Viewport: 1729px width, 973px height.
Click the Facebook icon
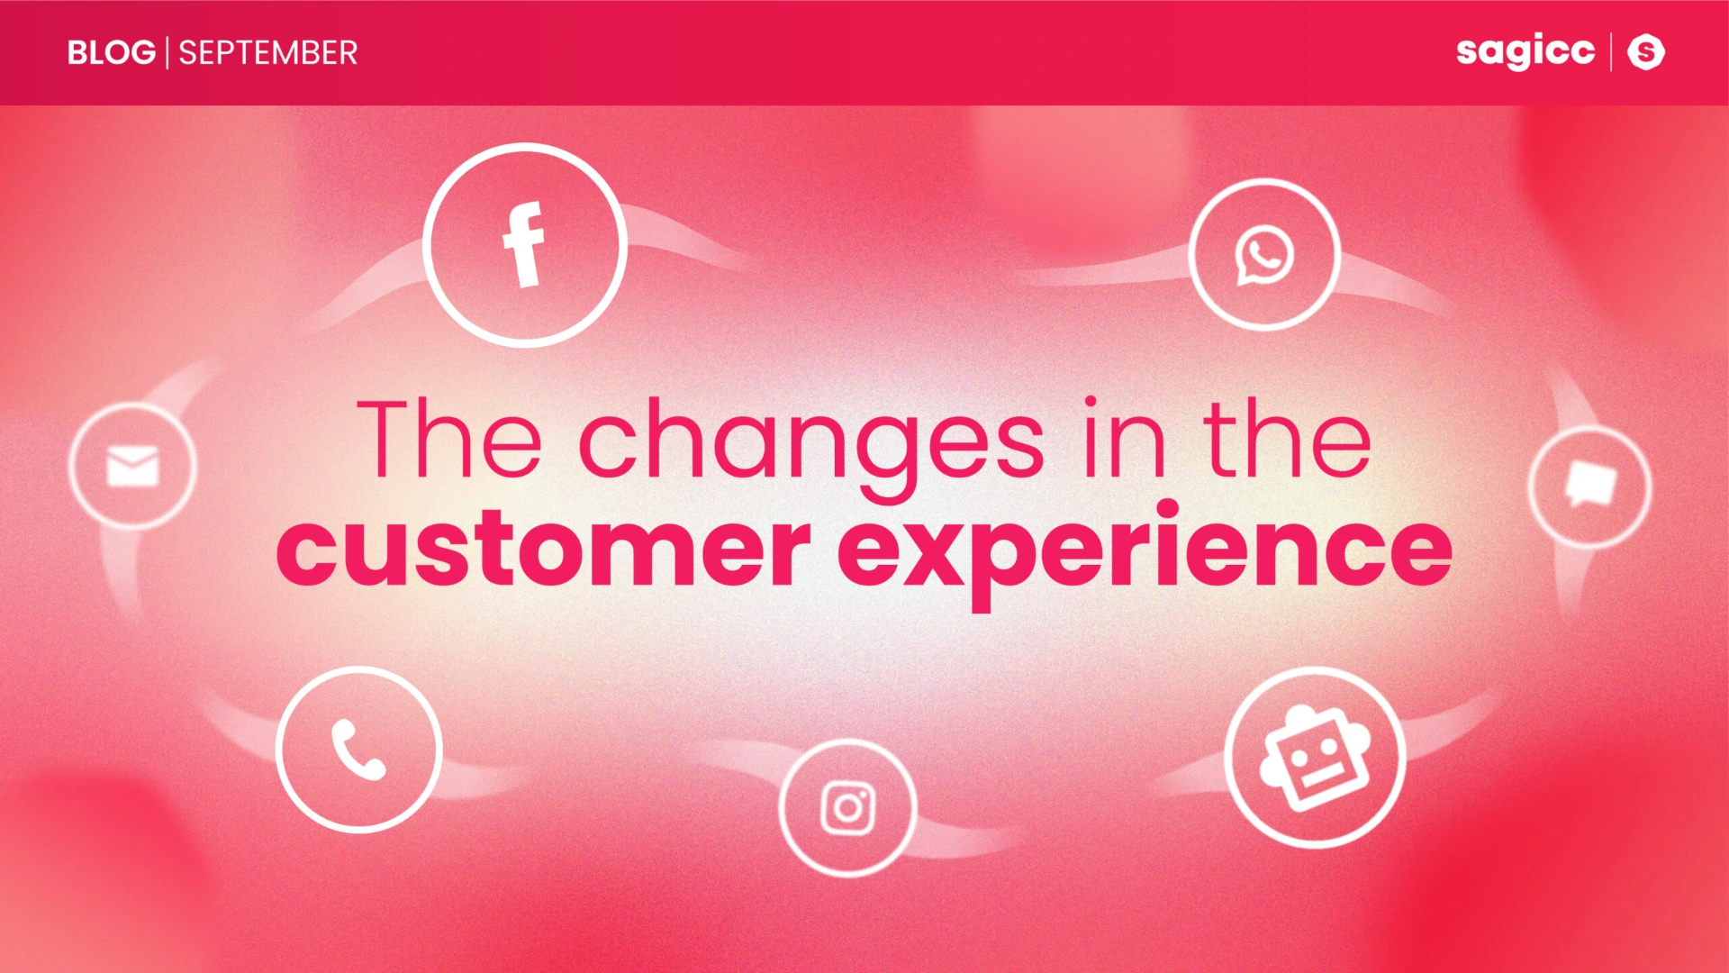(x=524, y=245)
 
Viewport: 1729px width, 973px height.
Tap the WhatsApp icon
(x=1264, y=256)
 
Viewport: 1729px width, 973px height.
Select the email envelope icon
(x=132, y=466)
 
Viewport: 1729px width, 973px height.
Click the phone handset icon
(x=358, y=750)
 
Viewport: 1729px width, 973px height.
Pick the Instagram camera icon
(x=847, y=808)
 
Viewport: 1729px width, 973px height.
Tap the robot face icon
(x=1316, y=758)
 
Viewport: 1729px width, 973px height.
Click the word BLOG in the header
(x=112, y=53)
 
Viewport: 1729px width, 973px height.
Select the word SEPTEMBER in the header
(x=268, y=53)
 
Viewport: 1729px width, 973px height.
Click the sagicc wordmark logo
(x=1525, y=50)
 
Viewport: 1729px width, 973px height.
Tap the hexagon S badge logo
(x=1646, y=51)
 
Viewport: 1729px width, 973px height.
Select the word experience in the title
(x=1145, y=554)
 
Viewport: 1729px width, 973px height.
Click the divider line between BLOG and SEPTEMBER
(x=167, y=53)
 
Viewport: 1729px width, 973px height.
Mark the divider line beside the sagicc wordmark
(x=1611, y=51)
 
